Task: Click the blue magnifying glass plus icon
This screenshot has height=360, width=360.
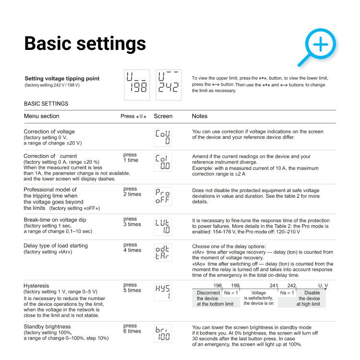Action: (x=318, y=46)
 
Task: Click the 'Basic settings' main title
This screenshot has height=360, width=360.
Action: (x=85, y=43)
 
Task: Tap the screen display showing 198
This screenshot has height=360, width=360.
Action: (x=137, y=84)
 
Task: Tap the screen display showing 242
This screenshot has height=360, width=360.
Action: (x=169, y=84)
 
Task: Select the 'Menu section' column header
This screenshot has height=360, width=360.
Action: (x=42, y=116)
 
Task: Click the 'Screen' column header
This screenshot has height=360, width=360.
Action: (x=163, y=116)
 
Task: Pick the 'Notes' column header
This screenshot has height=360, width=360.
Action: (x=200, y=116)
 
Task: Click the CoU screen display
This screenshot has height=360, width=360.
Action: (x=163, y=137)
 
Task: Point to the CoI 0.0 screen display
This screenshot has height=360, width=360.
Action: (x=163, y=162)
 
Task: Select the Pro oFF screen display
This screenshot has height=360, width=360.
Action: (x=163, y=196)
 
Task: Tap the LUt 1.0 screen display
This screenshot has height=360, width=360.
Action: (x=163, y=226)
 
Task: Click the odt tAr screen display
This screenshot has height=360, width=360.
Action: (x=163, y=252)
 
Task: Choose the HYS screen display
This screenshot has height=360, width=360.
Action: (x=163, y=292)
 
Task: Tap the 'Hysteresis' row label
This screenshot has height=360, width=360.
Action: (x=36, y=286)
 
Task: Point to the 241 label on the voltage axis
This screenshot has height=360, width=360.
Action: (x=274, y=286)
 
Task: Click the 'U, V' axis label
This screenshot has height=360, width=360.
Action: (x=323, y=286)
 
